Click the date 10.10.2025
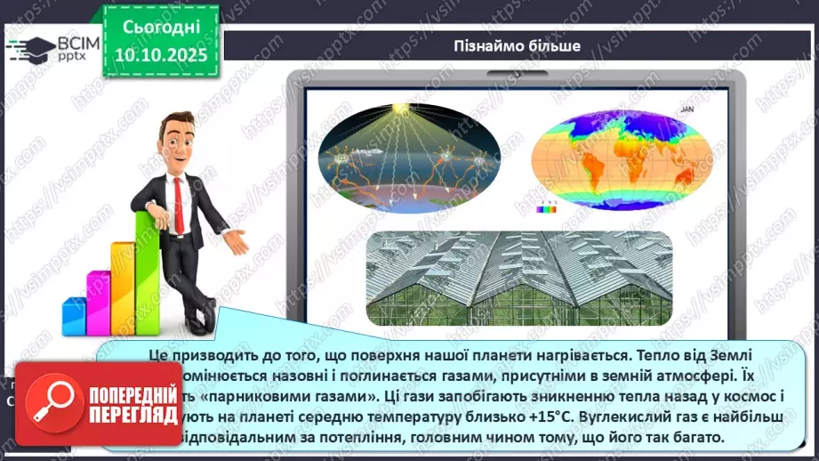point(161,53)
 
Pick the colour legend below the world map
point(544,210)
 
